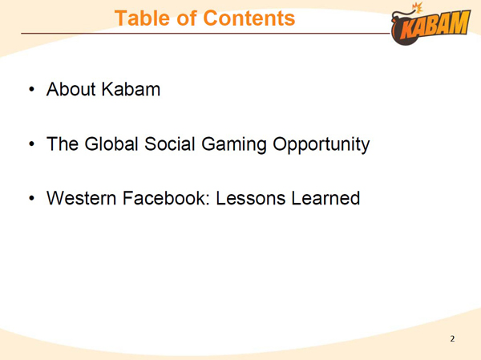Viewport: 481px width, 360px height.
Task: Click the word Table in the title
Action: [x=143, y=18]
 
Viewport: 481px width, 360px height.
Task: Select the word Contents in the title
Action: [x=249, y=18]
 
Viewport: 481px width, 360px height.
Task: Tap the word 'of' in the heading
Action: [x=187, y=18]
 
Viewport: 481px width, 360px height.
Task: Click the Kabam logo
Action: [x=430, y=24]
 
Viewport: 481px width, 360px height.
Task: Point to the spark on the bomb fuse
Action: [x=418, y=7]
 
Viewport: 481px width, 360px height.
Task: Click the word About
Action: [x=71, y=89]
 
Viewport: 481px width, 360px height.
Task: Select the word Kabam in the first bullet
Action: [x=131, y=89]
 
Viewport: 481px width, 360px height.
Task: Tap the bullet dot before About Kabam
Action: [x=31, y=90]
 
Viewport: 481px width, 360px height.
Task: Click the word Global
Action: [x=111, y=144]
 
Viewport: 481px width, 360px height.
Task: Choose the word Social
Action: [x=170, y=144]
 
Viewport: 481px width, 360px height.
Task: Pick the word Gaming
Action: [x=234, y=144]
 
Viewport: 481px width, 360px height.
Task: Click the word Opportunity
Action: [x=321, y=144]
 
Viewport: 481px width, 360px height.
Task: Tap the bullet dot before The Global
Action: [x=31, y=144]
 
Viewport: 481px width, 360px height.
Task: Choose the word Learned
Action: [x=325, y=198]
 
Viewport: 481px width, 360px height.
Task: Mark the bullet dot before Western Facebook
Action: [x=31, y=198]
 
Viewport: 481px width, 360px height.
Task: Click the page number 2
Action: [x=452, y=339]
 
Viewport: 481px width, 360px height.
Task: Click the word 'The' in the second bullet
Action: [x=63, y=144]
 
